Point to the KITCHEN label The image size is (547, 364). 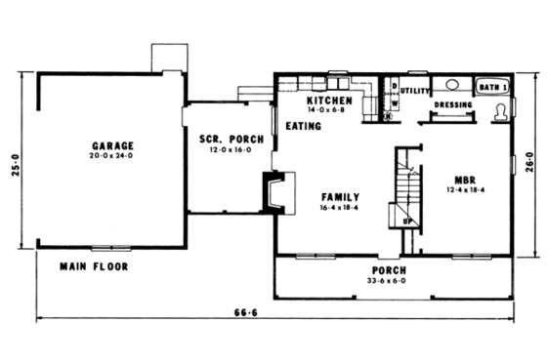point(328,101)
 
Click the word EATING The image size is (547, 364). point(304,126)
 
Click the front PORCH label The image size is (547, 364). point(390,269)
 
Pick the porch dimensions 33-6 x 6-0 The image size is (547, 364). point(390,281)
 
